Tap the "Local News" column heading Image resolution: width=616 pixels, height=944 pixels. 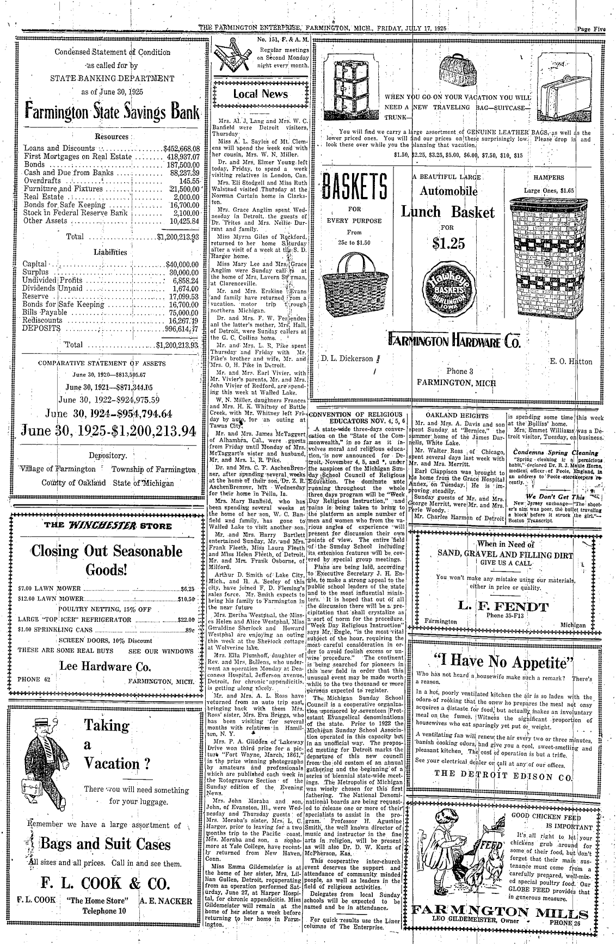(x=260, y=94)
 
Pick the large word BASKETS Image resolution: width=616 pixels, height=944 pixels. (x=354, y=188)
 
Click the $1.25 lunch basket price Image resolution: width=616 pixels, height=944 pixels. (x=448, y=243)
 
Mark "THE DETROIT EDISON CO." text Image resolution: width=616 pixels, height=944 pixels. (x=503, y=774)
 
